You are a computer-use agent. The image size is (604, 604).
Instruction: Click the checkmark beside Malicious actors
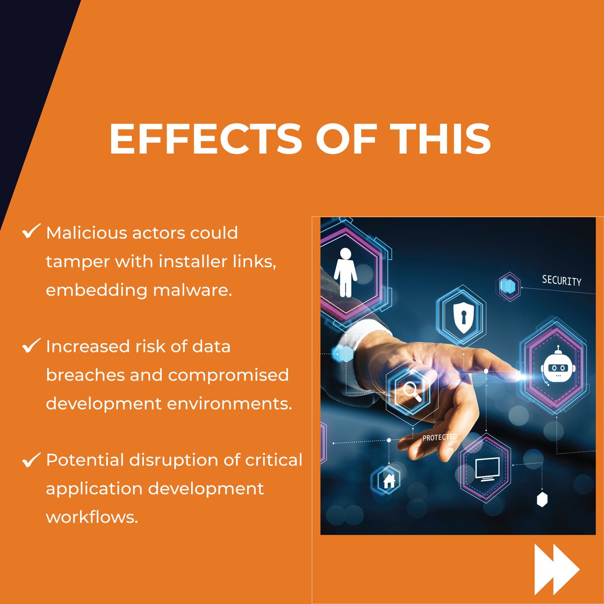pyautogui.click(x=31, y=232)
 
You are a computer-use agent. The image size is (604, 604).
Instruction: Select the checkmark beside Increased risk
pyautogui.click(x=31, y=345)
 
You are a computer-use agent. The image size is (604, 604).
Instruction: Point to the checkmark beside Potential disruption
pyautogui.click(x=31, y=459)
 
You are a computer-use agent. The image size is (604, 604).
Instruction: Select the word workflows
pyautogui.click(x=92, y=517)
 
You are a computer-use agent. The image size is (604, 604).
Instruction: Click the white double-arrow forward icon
pyautogui.click(x=556, y=569)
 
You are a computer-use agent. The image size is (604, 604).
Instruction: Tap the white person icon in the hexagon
pyautogui.click(x=345, y=272)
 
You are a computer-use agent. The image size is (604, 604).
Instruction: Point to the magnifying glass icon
pyautogui.click(x=412, y=391)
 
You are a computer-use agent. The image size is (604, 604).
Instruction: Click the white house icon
pyautogui.click(x=389, y=481)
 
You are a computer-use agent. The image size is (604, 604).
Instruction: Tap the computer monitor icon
pyautogui.click(x=487, y=469)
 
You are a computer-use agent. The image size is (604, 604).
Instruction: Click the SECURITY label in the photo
pyautogui.click(x=561, y=280)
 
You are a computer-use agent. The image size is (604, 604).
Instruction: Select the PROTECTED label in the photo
pyautogui.click(x=439, y=437)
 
